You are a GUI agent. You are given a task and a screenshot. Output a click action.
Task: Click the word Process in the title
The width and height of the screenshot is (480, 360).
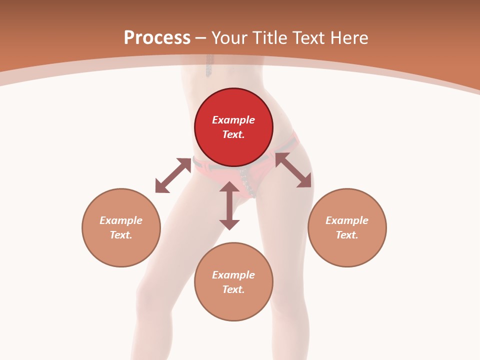pyautogui.click(x=157, y=38)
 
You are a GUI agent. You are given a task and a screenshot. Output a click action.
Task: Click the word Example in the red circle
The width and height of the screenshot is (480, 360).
pyautogui.click(x=233, y=120)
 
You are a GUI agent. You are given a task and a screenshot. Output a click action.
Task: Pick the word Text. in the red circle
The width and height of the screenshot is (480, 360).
pyautogui.click(x=233, y=134)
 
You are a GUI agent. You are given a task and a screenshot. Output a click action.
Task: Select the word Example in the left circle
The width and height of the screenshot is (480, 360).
pyautogui.click(x=121, y=220)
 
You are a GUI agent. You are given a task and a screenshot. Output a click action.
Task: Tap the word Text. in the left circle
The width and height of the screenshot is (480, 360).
pyautogui.click(x=121, y=235)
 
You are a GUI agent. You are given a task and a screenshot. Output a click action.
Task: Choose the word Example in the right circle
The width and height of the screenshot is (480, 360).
pyautogui.click(x=347, y=220)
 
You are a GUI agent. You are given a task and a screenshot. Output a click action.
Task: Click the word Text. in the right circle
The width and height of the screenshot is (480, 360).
pyautogui.click(x=347, y=235)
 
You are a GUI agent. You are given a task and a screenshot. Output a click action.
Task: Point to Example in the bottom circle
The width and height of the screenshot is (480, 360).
pyautogui.click(x=233, y=275)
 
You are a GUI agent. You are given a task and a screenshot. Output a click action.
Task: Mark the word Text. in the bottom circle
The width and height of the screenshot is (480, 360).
pyautogui.click(x=233, y=289)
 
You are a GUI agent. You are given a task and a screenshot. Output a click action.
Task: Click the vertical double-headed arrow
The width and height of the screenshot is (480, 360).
pyautogui.click(x=229, y=205)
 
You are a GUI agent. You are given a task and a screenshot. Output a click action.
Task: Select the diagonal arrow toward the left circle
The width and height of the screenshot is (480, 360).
pyautogui.click(x=173, y=175)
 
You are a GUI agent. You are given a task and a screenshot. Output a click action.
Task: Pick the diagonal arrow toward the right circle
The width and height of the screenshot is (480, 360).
pyautogui.click(x=293, y=170)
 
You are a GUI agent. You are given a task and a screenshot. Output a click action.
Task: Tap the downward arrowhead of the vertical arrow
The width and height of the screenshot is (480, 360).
pyautogui.click(x=229, y=224)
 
